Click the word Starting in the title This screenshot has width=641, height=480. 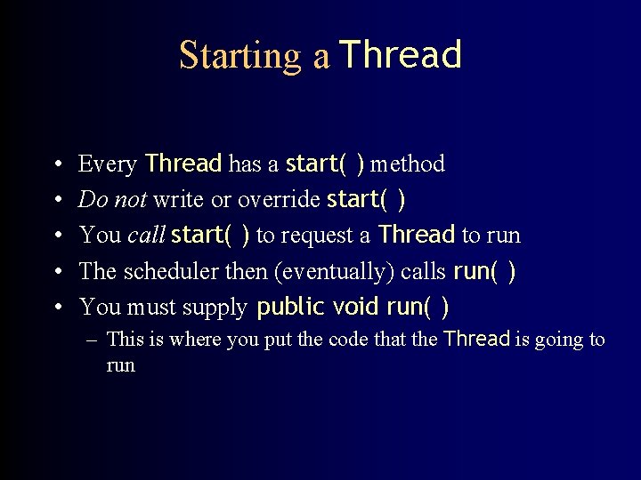coord(240,56)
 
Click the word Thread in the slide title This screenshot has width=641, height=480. coord(401,55)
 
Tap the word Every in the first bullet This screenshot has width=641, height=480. coord(107,164)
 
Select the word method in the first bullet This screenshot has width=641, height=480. coord(407,164)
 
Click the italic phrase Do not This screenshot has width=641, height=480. coord(113,200)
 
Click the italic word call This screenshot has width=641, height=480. coord(146,236)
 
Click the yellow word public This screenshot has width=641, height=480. coord(290,308)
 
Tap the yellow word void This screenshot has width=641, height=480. coord(357,308)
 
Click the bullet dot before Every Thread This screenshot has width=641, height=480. coord(57,164)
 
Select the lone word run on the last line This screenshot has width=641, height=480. coord(120,365)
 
